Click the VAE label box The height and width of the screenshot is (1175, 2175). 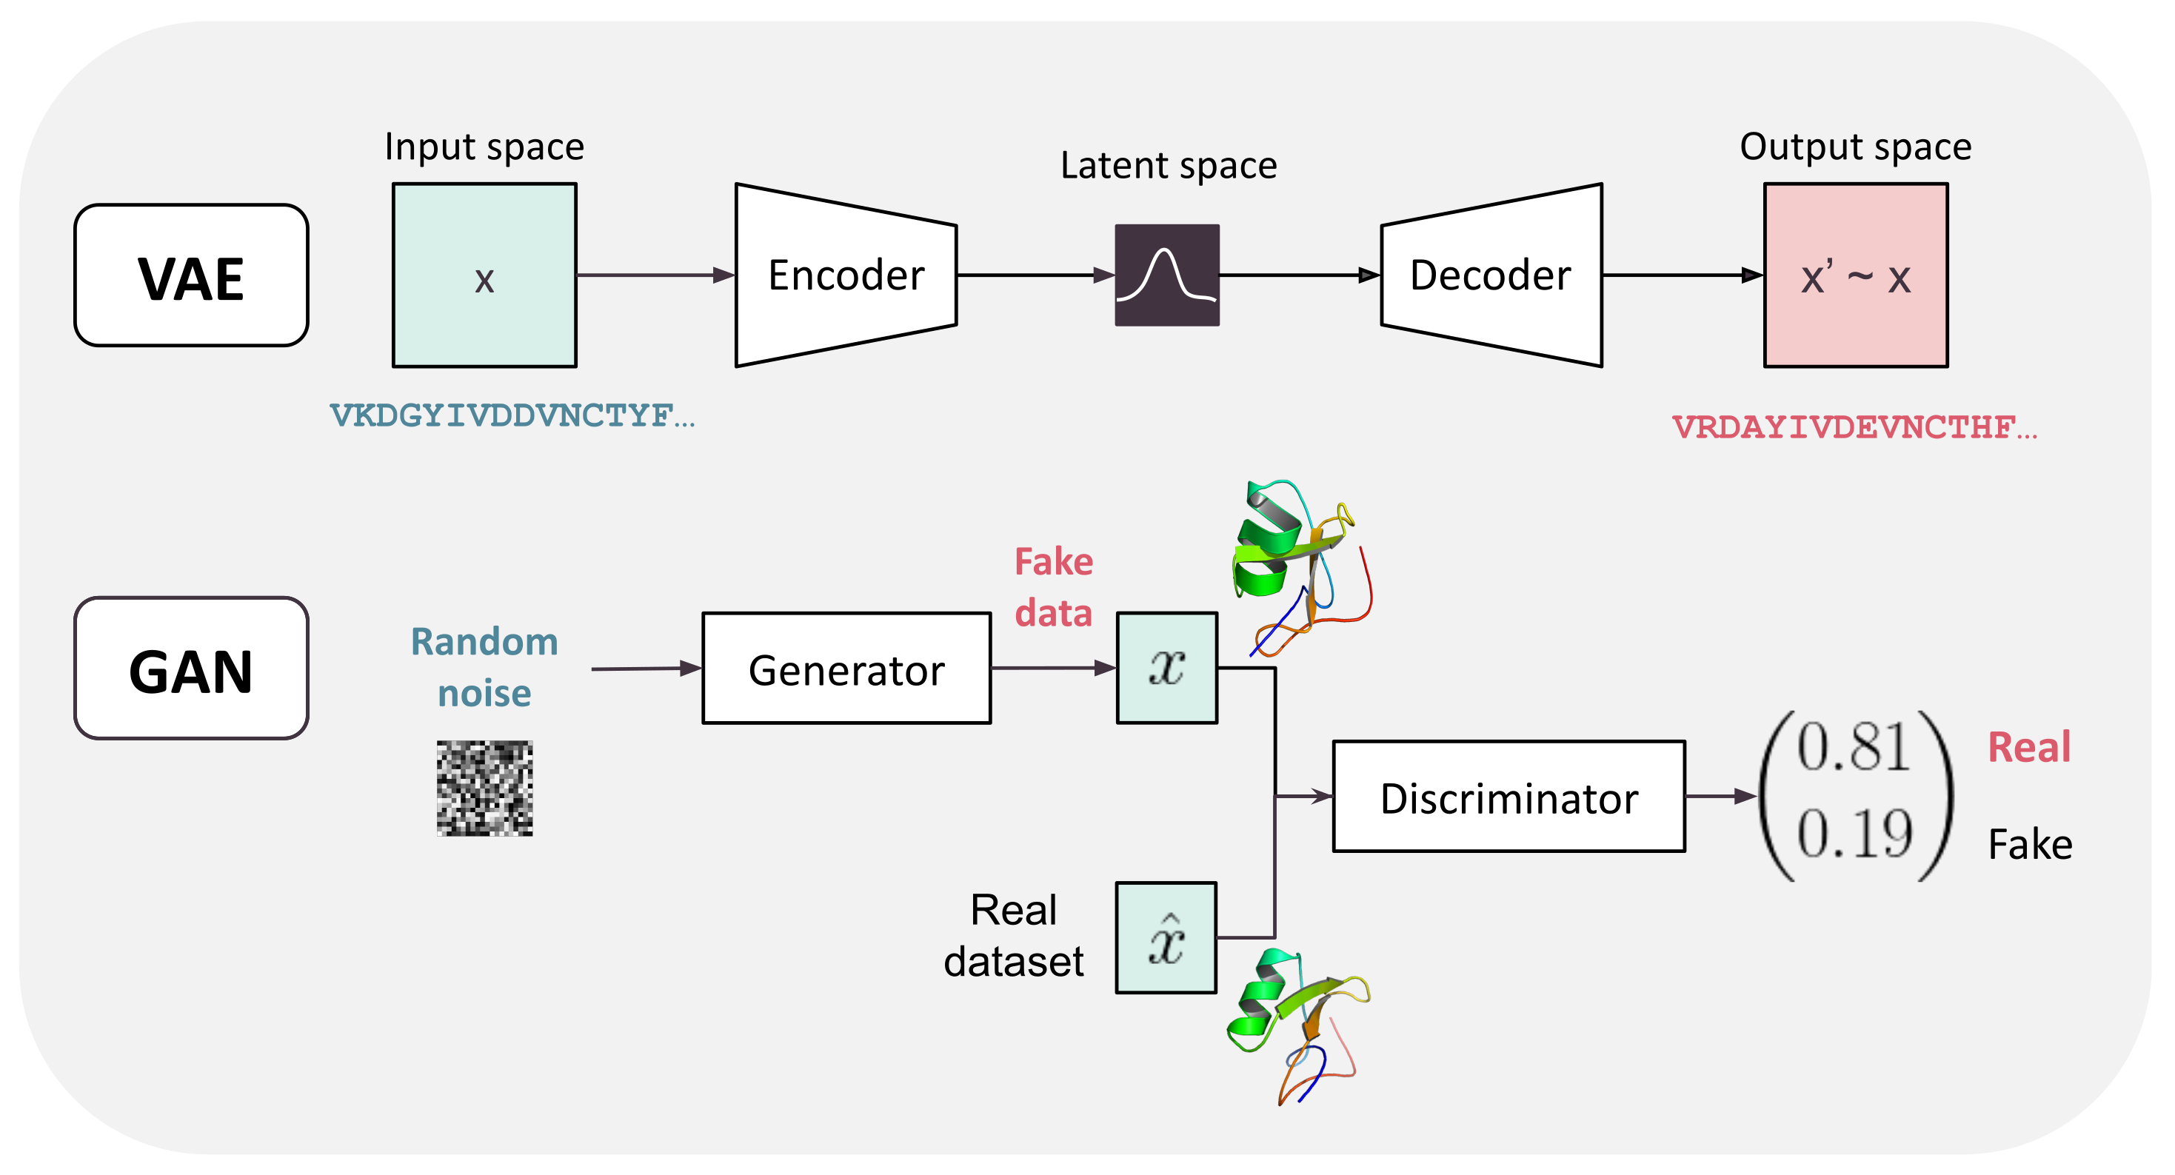(192, 275)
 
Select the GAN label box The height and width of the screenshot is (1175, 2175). (192, 669)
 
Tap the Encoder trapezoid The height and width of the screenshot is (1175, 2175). (846, 275)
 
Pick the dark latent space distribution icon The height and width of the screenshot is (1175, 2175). (1167, 275)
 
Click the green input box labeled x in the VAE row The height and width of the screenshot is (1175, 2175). (484, 275)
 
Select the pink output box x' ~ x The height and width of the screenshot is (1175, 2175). (1856, 275)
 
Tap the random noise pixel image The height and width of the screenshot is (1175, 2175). (484, 789)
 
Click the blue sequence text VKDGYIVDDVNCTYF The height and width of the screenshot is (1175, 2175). (512, 415)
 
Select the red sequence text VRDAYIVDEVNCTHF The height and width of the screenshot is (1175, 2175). (1855, 427)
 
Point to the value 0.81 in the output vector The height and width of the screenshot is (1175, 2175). (1854, 748)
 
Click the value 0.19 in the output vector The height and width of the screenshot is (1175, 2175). (1854, 834)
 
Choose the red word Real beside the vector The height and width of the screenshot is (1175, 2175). (2029, 748)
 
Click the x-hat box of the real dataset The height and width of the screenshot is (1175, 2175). (1166, 938)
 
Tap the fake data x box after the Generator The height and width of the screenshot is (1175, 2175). (1167, 669)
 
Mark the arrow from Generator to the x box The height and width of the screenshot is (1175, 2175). (1054, 669)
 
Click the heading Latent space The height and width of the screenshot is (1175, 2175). (1169, 165)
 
